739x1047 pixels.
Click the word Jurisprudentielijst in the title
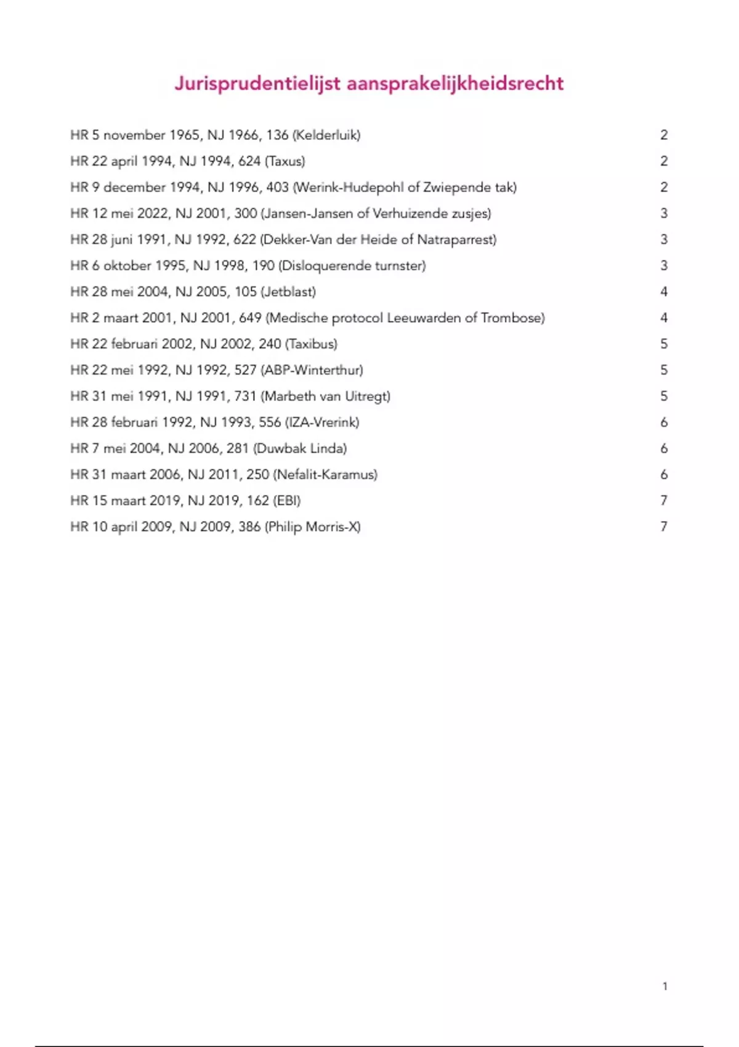click(257, 84)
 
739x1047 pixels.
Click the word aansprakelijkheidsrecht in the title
click(455, 84)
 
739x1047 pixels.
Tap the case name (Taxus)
click(285, 161)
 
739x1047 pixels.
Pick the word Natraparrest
click(456, 240)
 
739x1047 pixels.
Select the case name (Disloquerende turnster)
click(352, 266)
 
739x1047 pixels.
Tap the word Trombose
click(512, 318)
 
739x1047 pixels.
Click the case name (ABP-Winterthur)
click(312, 370)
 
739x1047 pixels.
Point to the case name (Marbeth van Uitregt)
click(326, 397)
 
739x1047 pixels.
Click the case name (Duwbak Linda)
click(300, 448)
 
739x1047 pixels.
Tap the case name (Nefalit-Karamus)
click(325, 475)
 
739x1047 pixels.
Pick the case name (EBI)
click(287, 501)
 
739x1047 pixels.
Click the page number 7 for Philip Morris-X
click(664, 527)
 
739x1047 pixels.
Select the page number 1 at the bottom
click(665, 986)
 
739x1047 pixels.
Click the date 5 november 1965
click(145, 135)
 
